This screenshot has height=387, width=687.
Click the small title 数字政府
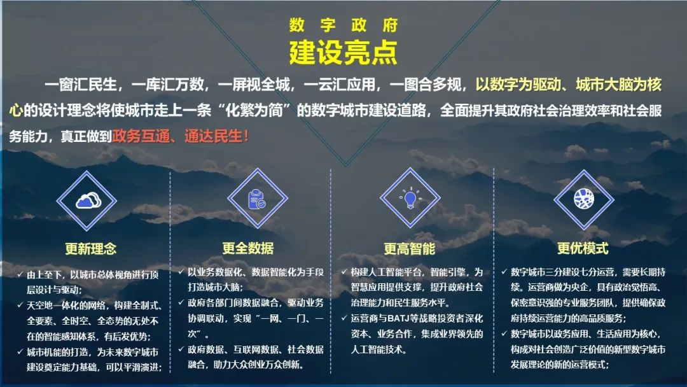click(343, 25)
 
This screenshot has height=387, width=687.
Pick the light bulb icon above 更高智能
click(410, 199)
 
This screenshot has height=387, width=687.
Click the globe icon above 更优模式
click(583, 199)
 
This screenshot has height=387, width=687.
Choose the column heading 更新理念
click(91, 248)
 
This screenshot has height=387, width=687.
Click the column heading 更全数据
click(248, 248)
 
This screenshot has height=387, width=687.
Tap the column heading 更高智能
click(410, 248)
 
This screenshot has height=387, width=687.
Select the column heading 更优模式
click(583, 248)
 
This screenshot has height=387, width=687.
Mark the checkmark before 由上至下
click(20, 275)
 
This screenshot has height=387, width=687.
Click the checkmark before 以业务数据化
click(182, 272)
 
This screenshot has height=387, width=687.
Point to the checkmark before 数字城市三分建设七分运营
click(505, 272)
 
